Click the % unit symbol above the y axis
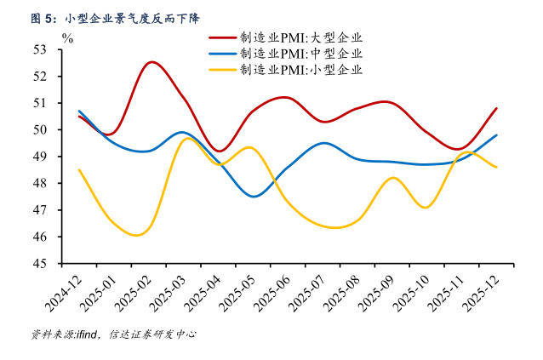68,37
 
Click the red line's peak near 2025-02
151,61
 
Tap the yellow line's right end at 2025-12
497,167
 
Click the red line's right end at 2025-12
497,108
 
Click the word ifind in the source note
88,334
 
